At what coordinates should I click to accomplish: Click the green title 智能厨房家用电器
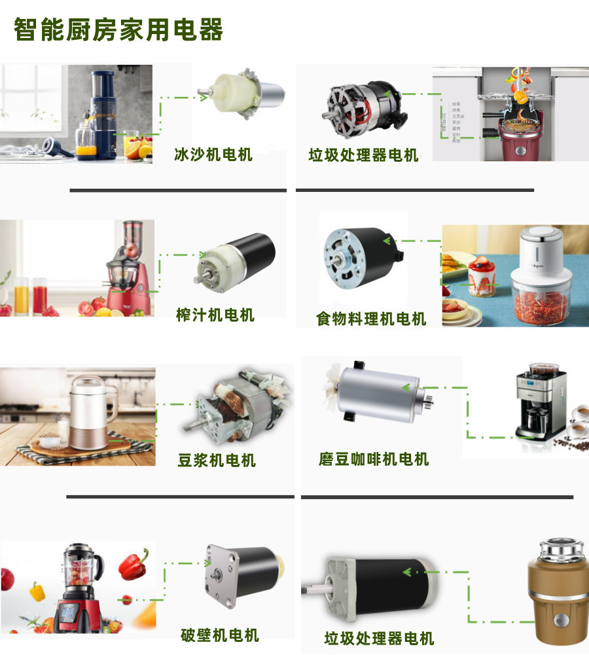[118, 30]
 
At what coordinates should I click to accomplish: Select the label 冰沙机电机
[213, 155]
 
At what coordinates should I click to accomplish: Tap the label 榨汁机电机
[215, 314]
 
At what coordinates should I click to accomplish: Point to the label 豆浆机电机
[217, 460]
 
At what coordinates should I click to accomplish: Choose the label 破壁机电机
[220, 635]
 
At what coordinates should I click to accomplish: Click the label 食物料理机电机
[371, 319]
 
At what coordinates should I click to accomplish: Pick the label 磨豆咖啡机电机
[374, 459]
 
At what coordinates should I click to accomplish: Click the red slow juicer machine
[128, 275]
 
